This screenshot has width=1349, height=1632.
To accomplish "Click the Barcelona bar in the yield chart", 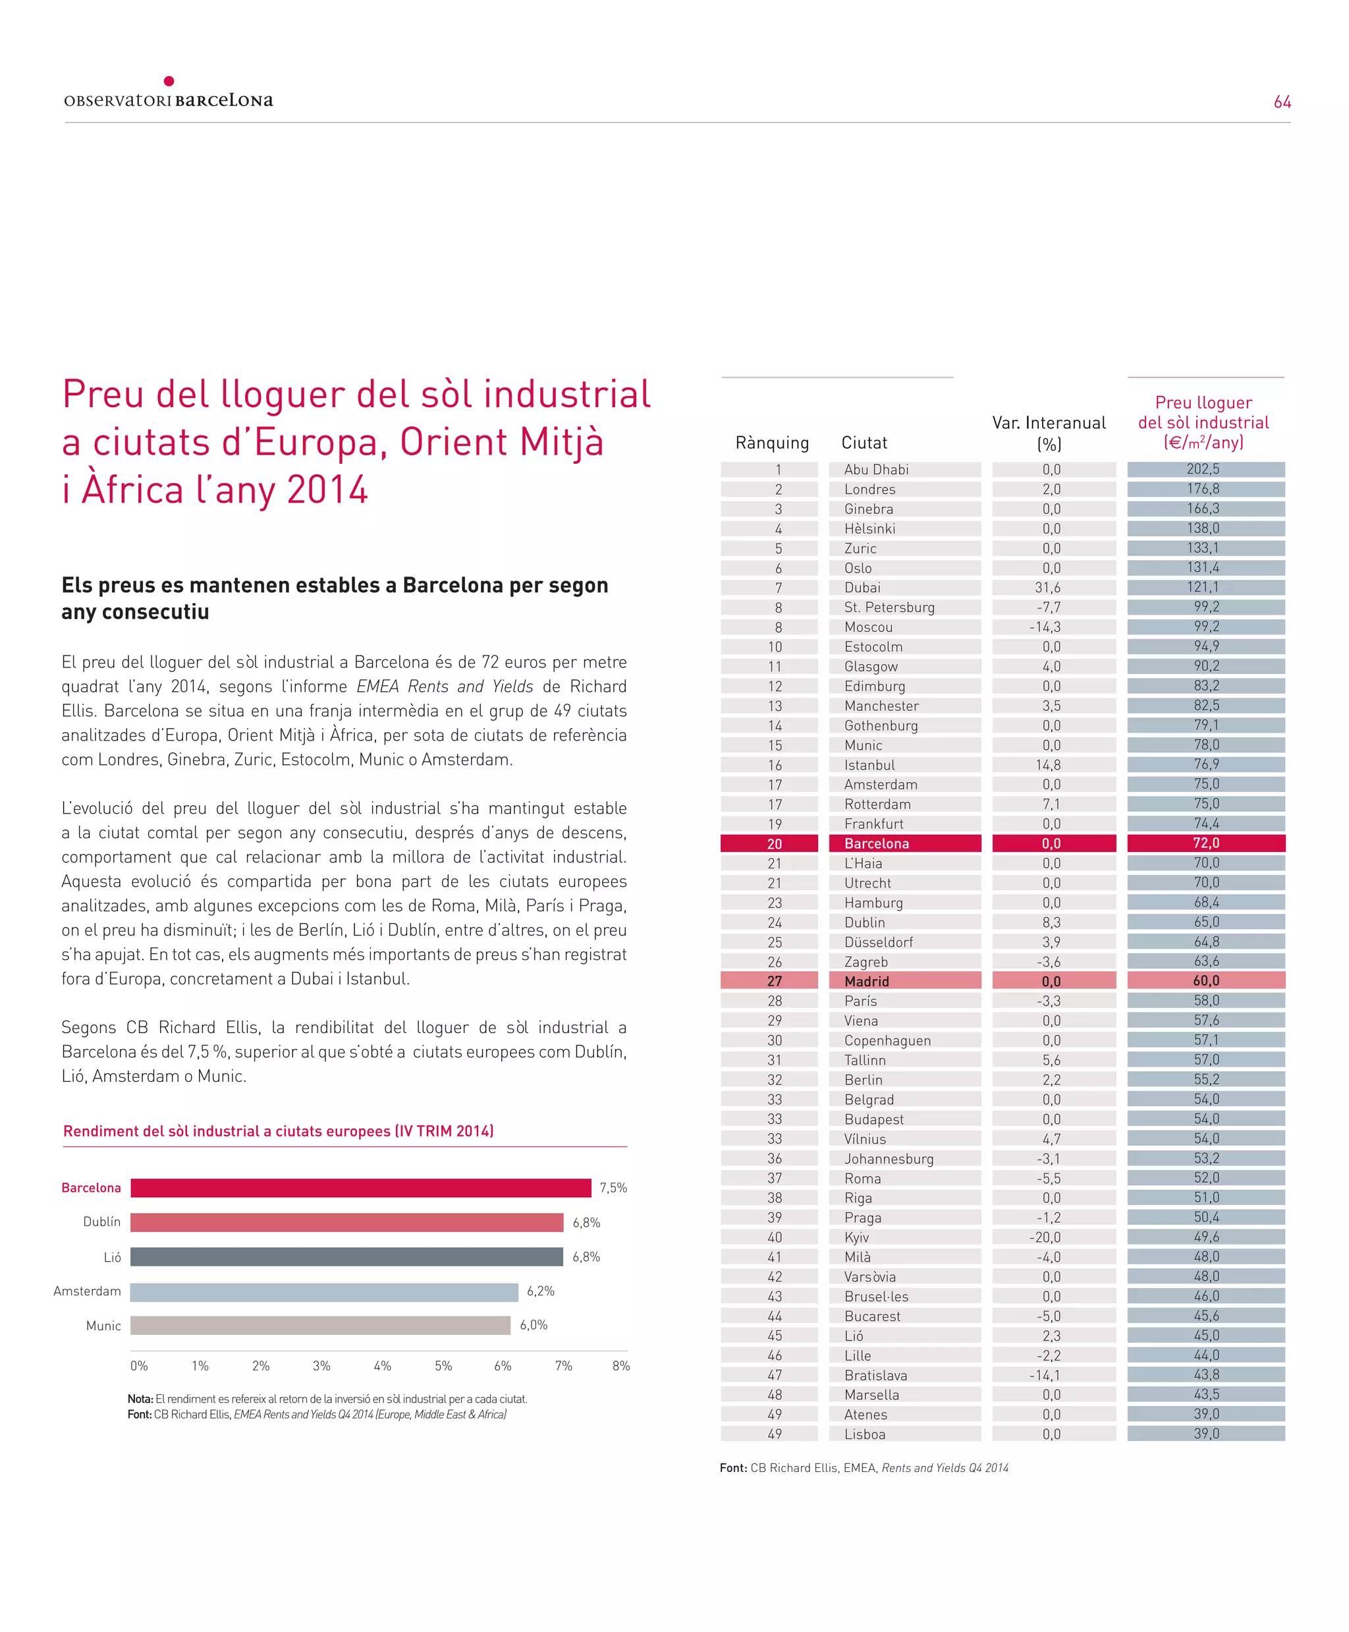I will tap(360, 1187).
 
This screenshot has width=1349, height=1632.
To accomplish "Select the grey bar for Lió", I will tap(346, 1256).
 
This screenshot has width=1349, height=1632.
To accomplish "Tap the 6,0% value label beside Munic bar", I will tap(534, 1325).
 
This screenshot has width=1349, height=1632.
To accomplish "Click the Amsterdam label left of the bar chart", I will tap(87, 1291).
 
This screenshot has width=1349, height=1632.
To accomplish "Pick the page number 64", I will tap(1282, 102).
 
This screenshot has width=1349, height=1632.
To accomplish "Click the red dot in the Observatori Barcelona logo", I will tap(169, 81).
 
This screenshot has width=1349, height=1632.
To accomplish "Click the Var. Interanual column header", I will tap(1049, 432).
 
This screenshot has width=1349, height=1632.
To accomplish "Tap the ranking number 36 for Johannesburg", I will tap(774, 1159).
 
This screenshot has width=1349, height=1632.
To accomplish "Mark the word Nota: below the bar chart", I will tap(141, 1399).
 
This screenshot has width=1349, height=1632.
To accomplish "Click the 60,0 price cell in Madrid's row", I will tap(1206, 981).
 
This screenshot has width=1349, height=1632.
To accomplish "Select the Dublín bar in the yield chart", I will tap(346, 1222).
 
